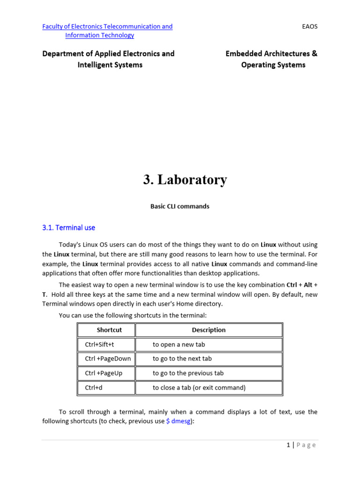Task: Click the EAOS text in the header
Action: click(310, 26)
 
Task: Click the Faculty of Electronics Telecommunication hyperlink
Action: click(107, 26)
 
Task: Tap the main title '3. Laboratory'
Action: click(185, 180)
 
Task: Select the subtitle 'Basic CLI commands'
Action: click(180, 206)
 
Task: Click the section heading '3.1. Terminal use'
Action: click(68, 228)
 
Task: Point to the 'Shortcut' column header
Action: click(109, 330)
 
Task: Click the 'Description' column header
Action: click(209, 330)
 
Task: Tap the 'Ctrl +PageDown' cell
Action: click(108, 359)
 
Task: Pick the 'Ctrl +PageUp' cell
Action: click(104, 373)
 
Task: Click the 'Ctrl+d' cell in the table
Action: click(94, 388)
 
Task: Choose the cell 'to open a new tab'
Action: click(179, 345)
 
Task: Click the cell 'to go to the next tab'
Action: click(182, 359)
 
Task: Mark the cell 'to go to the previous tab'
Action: click(188, 373)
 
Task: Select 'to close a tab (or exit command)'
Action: click(199, 388)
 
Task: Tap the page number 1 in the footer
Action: click(288, 445)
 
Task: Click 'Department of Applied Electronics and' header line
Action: click(108, 53)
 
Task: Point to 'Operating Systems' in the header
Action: click(273, 65)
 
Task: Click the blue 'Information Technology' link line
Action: click(99, 35)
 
